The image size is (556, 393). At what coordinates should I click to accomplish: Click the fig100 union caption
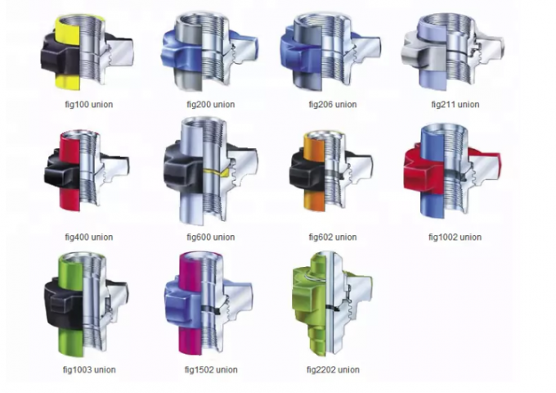[x=89, y=104]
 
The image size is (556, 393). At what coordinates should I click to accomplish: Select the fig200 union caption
[x=211, y=104]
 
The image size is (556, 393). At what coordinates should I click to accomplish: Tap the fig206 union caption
[x=333, y=104]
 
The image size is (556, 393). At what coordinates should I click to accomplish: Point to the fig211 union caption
[x=455, y=104]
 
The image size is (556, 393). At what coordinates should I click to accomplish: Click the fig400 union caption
[x=89, y=237]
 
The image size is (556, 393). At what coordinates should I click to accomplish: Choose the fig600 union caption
[x=211, y=237]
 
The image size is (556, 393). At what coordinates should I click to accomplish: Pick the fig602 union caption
[x=333, y=237]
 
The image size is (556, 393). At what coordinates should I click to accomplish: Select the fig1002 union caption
[x=455, y=237]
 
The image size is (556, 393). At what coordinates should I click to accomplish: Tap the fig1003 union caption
[x=89, y=369]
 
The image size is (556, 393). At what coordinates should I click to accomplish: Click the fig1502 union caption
[x=211, y=369]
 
